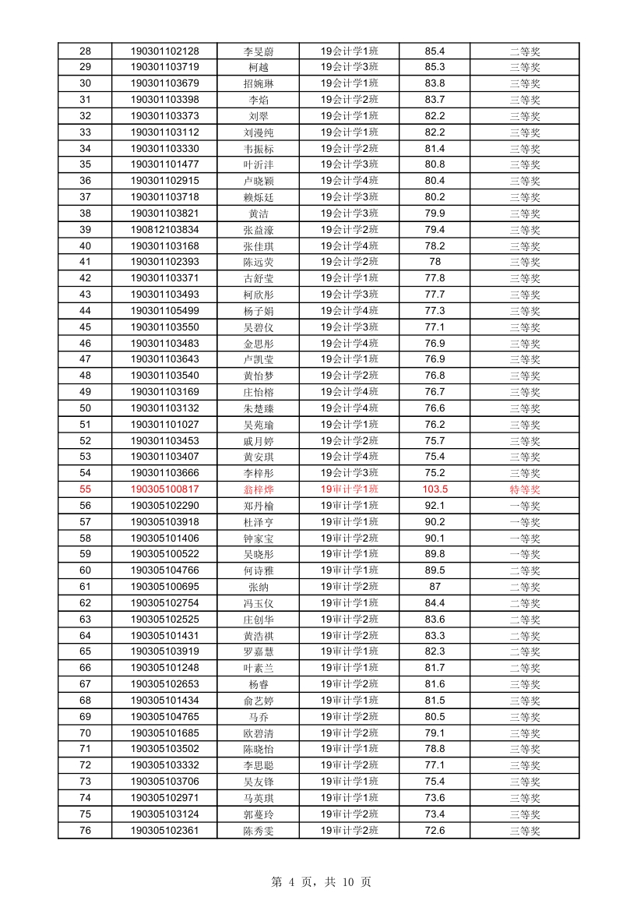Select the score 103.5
tap(435, 489)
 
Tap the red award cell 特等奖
tap(525, 489)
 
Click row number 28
tap(85, 51)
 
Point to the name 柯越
tap(259, 67)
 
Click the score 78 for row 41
tap(435, 262)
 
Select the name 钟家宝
tap(259, 538)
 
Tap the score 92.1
tap(435, 506)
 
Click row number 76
tap(85, 831)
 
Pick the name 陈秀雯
tap(259, 831)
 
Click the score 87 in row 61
tap(435, 587)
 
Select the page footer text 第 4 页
tap(293, 882)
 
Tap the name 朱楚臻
tap(259, 408)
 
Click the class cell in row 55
tap(350, 489)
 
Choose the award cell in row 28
tap(525, 51)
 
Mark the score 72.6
tap(435, 831)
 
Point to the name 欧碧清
tap(259, 733)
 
